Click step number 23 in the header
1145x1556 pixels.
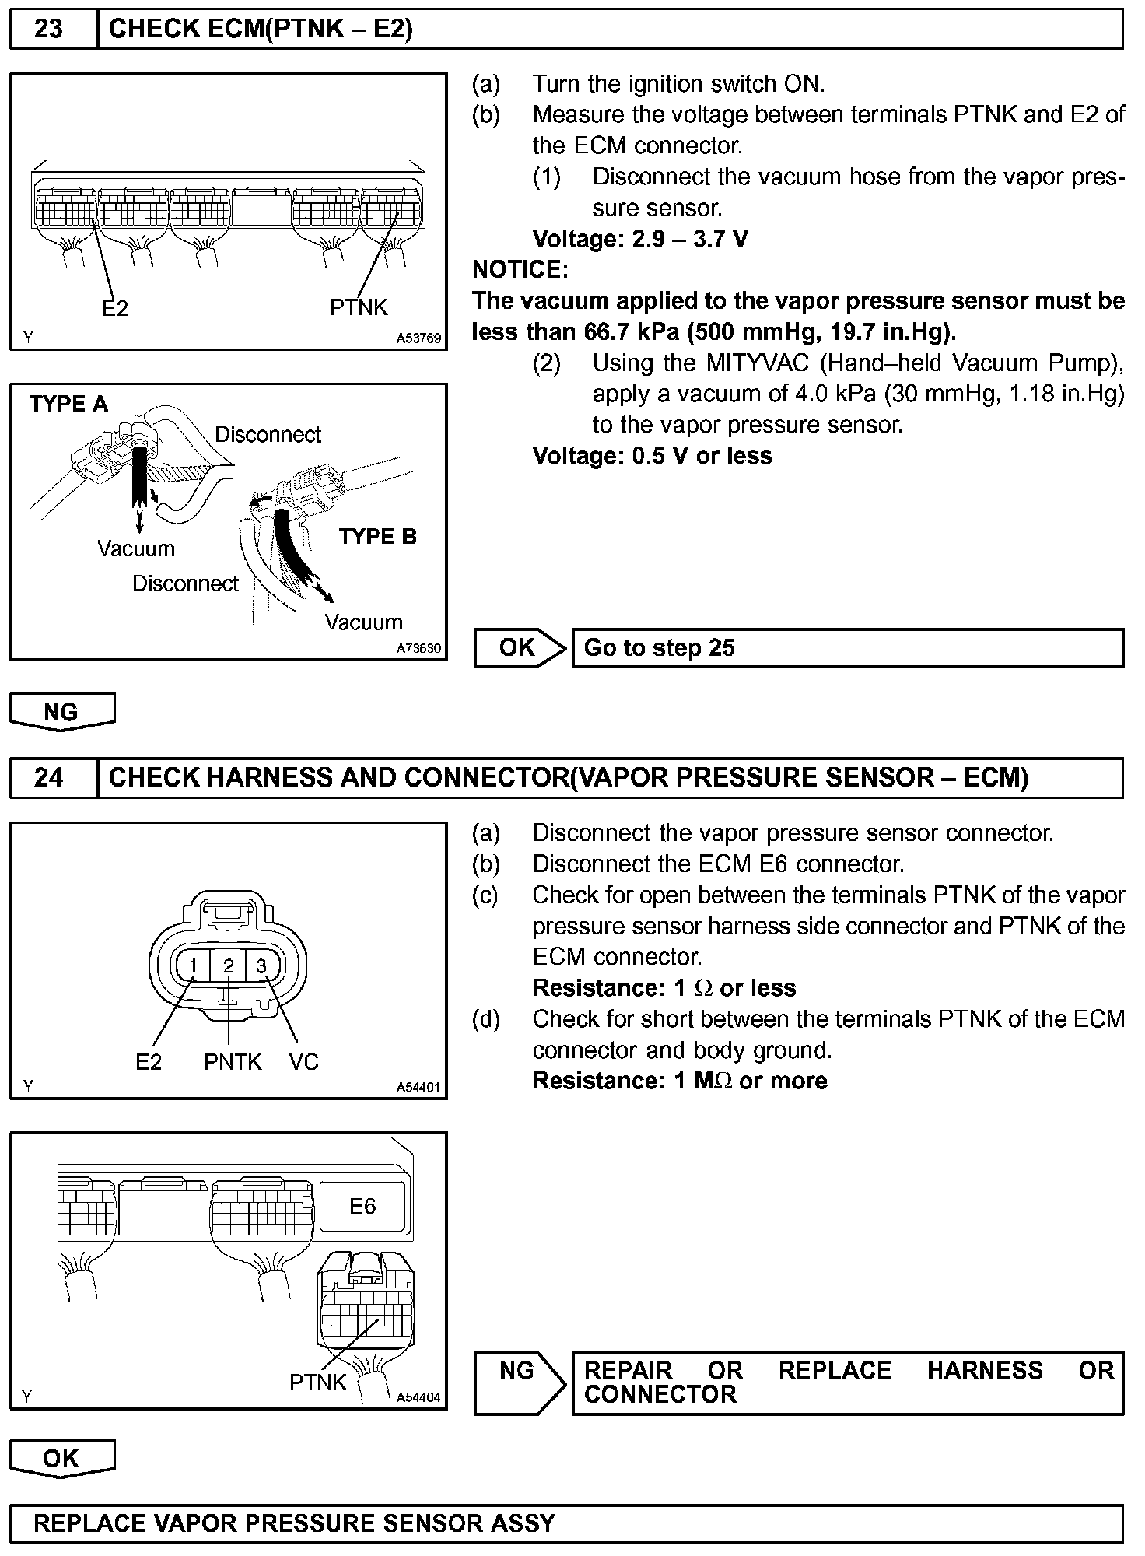point(48,30)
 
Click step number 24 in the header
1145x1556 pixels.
point(48,777)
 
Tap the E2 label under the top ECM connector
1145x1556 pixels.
point(115,309)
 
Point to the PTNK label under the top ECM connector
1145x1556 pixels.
point(359,308)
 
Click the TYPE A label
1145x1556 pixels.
point(68,405)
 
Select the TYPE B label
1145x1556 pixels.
point(378,537)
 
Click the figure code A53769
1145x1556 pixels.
point(418,338)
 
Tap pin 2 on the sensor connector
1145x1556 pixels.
point(229,966)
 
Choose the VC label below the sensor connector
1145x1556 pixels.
point(303,1062)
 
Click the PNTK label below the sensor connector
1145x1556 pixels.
point(233,1062)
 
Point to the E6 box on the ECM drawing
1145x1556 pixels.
point(362,1207)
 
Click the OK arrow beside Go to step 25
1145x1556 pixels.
point(520,648)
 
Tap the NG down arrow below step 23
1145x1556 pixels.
point(62,712)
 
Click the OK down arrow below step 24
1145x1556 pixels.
point(62,1459)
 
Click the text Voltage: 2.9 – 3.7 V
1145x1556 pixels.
point(640,239)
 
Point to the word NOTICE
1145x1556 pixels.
point(520,270)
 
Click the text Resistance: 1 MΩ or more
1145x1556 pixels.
point(680,1081)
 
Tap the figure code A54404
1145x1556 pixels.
point(418,1398)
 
